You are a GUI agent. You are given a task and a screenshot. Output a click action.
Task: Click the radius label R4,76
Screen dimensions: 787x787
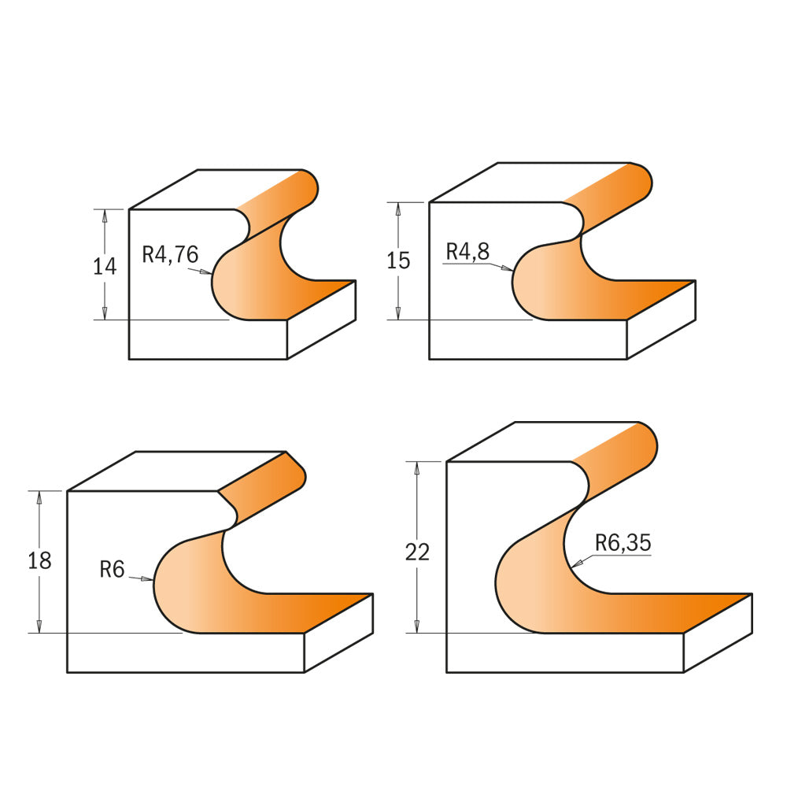[x=170, y=255]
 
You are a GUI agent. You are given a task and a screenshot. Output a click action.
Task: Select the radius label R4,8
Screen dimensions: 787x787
[x=467, y=252]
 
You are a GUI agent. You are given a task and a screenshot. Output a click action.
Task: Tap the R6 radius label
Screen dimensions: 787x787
[x=112, y=570]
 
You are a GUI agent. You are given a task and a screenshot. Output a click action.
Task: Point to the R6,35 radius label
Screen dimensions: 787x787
[x=623, y=543]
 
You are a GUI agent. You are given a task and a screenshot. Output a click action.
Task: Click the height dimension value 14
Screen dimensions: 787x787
[x=105, y=267]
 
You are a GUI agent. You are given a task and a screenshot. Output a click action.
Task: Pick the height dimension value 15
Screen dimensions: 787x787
[x=398, y=261]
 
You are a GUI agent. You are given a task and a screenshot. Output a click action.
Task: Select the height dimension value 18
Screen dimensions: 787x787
[x=39, y=561]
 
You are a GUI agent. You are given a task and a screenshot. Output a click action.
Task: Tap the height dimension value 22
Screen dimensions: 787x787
[x=418, y=552]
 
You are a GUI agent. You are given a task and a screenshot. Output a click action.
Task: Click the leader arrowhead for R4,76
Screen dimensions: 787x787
[x=205, y=272]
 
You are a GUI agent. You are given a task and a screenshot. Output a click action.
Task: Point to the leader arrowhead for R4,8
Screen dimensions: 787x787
[x=507, y=269]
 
